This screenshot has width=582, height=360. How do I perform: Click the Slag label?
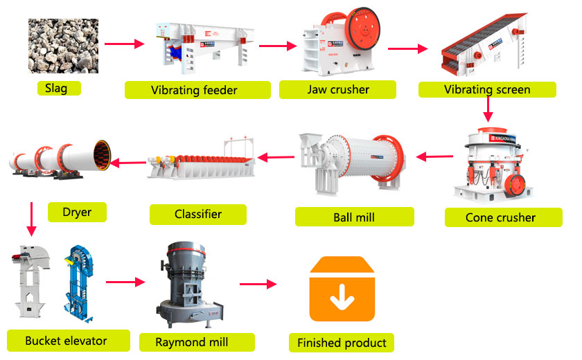[56, 89]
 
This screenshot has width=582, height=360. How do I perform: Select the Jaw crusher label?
[337, 89]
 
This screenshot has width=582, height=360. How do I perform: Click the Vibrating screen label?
[487, 89]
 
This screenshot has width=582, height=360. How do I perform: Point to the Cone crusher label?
[500, 217]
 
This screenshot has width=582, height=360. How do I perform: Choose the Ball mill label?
[353, 217]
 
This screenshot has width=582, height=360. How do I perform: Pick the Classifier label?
[198, 214]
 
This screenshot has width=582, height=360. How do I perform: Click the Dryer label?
[76, 212]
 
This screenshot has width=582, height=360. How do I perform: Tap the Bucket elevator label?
[66, 341]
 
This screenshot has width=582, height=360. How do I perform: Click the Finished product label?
[342, 343]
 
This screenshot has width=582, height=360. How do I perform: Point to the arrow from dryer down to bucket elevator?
[29, 221]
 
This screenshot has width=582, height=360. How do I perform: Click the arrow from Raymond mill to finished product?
[258, 284]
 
